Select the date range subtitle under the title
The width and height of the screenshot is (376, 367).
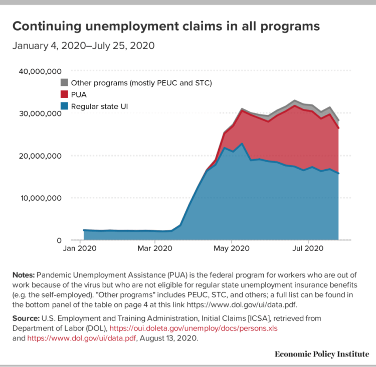pyautogui.click(x=83, y=46)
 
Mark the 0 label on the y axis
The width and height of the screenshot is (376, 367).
pyautogui.click(x=58, y=240)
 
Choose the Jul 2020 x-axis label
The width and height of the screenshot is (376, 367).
pyautogui.click(x=307, y=248)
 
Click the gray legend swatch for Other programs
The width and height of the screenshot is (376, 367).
pyautogui.click(x=64, y=82)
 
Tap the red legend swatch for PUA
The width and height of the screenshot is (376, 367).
pyautogui.click(x=64, y=94)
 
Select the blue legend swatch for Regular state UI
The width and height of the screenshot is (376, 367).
pyautogui.click(x=64, y=106)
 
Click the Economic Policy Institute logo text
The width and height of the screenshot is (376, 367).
pyautogui.click(x=321, y=354)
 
